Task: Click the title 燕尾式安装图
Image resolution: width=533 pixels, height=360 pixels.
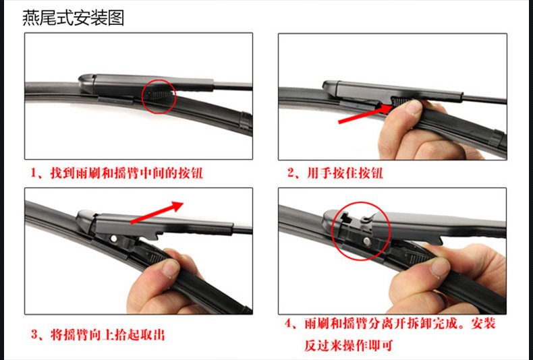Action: pos(73,18)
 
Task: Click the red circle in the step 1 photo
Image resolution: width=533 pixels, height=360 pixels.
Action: pos(142,97)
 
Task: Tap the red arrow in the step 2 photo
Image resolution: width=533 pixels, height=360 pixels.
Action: pos(366,114)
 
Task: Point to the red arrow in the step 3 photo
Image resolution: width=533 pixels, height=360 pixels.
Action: pos(157,212)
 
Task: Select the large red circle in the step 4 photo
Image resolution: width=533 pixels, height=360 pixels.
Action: pos(331,231)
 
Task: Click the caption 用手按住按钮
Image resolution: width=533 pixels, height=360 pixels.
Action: pos(345,173)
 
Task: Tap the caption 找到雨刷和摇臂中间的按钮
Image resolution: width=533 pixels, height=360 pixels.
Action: pos(126,173)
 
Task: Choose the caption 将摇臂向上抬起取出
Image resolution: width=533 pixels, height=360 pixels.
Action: pos(108,335)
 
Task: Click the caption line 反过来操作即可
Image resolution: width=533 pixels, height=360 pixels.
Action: pos(348,345)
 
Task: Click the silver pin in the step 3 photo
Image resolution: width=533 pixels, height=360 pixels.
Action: pos(114,239)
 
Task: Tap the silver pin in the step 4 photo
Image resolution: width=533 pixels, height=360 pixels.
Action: pos(367,241)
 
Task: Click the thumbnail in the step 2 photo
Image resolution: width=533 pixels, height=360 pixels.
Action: pos(414,107)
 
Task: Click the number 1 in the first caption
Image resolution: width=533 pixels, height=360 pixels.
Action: pos(34,173)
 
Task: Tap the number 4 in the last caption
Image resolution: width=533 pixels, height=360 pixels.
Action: pos(288,324)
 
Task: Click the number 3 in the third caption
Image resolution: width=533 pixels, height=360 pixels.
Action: pos(34,335)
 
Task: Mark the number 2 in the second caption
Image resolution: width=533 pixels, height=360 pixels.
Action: pos(291,173)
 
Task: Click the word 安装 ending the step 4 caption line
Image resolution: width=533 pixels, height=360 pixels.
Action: pos(482,324)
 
